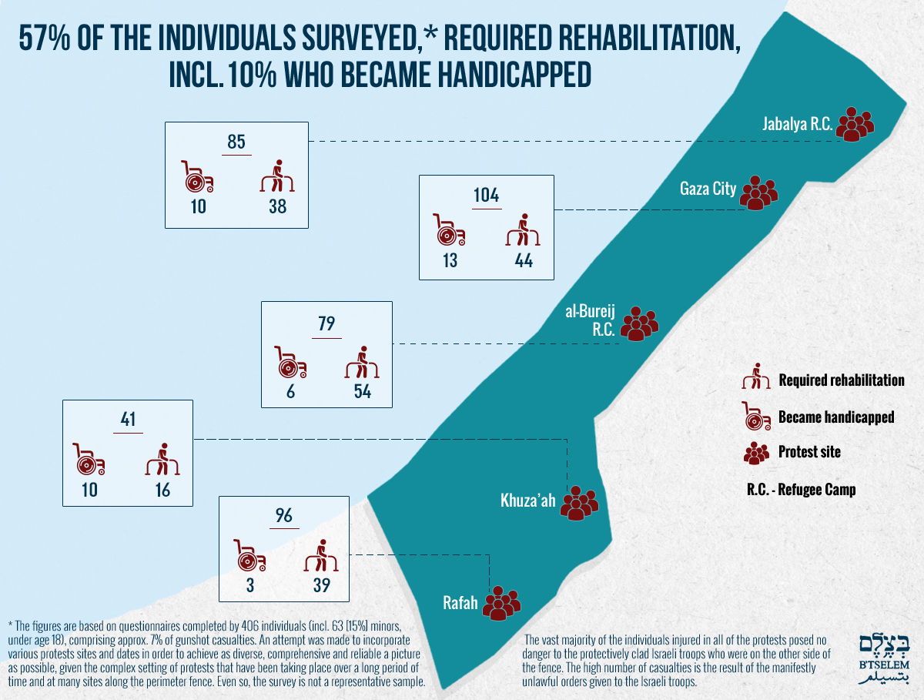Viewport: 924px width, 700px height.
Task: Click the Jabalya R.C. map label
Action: pyautogui.click(x=797, y=124)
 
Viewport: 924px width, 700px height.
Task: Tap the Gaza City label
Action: pyautogui.click(x=708, y=189)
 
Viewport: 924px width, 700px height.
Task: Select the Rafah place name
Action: pyautogui.click(x=460, y=603)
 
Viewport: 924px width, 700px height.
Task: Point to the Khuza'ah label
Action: pyautogui.click(x=528, y=501)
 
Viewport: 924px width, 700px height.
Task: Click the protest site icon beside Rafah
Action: pyautogui.click(x=501, y=603)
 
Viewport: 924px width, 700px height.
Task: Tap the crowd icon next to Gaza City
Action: pyautogui.click(x=758, y=193)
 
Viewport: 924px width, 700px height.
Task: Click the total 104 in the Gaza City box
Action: pyautogui.click(x=486, y=196)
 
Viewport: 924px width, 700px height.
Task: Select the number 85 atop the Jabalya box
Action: pyautogui.click(x=236, y=142)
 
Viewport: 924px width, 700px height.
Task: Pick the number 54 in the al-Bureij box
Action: pyautogui.click(x=363, y=391)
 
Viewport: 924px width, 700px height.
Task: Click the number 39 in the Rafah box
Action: pyautogui.click(x=322, y=585)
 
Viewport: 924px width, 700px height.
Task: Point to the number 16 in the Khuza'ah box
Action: pyautogui.click(x=162, y=490)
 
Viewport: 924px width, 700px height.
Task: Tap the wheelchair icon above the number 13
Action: pyautogui.click(x=449, y=229)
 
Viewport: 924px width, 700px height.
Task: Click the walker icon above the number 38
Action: pyautogui.click(x=277, y=176)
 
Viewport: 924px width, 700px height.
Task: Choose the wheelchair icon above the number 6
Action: pyautogui.click(x=290, y=363)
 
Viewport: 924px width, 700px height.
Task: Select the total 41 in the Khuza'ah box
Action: pyautogui.click(x=128, y=419)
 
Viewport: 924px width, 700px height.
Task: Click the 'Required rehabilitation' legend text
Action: pyautogui.click(x=842, y=380)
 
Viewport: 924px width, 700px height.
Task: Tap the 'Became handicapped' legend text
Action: pyautogui.click(x=836, y=417)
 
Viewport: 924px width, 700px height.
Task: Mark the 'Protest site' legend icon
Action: pyautogui.click(x=756, y=454)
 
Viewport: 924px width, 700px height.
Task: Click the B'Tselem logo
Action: pyautogui.click(x=884, y=658)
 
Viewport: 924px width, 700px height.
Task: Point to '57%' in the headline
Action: pyautogui.click(x=45, y=39)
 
